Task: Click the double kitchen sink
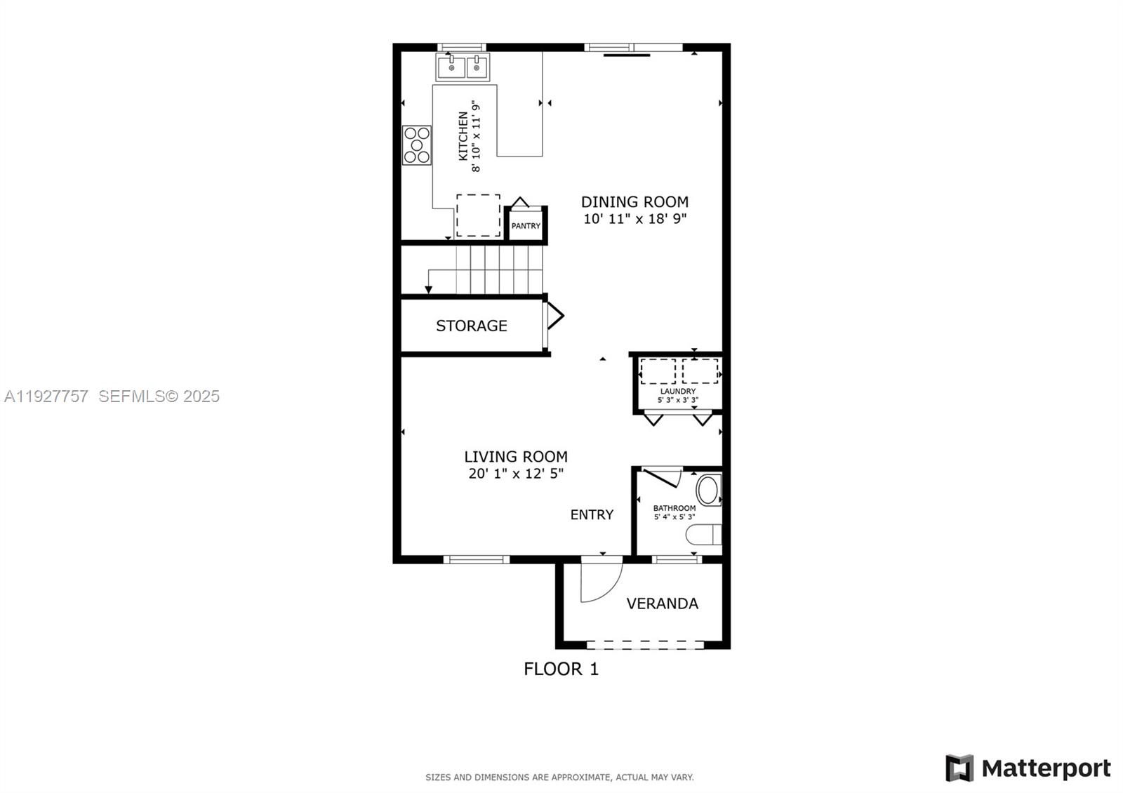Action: [463, 68]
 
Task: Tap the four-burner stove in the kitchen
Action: [416, 145]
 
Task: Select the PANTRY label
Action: [526, 226]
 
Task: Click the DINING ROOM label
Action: [634, 202]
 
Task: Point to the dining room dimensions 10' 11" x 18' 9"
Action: [634, 219]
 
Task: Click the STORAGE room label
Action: [471, 326]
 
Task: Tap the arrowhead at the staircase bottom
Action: [428, 290]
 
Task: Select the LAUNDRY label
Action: [678, 392]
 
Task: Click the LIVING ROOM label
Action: [516, 457]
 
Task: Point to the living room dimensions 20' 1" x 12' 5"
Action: [516, 474]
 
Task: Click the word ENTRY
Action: [592, 515]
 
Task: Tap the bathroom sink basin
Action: [708, 490]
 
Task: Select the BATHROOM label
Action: [675, 508]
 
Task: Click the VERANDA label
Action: [662, 604]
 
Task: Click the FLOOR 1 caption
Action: [561, 669]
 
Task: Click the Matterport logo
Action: [1028, 768]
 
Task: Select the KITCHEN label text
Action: [463, 135]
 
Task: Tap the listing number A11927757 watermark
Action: [46, 396]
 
